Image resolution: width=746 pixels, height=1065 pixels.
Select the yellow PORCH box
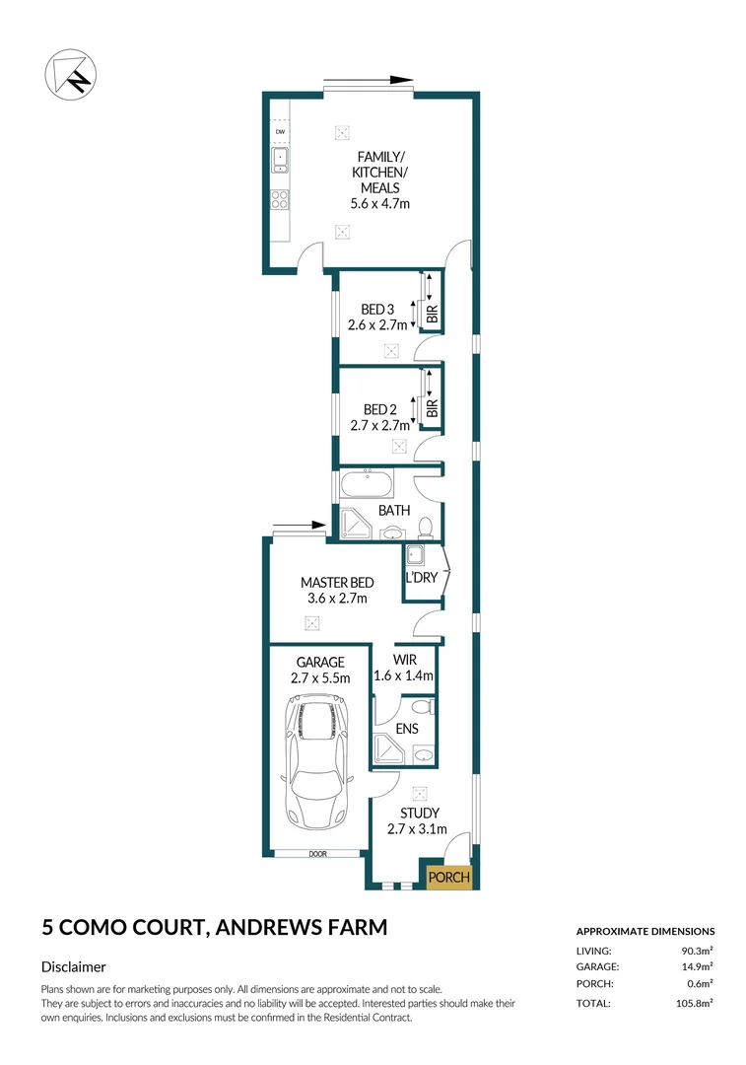(x=449, y=877)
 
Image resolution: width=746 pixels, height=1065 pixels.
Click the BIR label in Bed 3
(x=431, y=316)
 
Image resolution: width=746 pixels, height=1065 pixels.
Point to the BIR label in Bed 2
(x=431, y=409)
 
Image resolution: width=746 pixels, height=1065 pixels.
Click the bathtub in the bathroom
(x=366, y=485)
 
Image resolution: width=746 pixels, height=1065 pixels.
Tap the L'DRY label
(x=421, y=578)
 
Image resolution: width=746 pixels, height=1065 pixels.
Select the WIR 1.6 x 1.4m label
(x=403, y=669)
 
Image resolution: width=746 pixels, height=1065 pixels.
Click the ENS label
(x=406, y=729)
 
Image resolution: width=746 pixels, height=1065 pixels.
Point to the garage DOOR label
(x=315, y=854)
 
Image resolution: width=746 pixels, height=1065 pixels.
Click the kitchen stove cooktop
(x=280, y=200)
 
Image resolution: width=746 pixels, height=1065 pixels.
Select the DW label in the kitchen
(x=280, y=132)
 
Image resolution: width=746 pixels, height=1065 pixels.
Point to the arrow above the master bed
(x=298, y=525)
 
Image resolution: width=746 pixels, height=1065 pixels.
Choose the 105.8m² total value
(x=693, y=1003)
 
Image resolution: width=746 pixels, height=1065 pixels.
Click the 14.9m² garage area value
(x=696, y=966)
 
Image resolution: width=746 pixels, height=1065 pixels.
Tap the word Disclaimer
(x=73, y=967)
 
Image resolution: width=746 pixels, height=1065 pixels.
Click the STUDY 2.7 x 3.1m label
(x=413, y=820)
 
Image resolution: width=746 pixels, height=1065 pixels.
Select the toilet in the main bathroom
(x=426, y=526)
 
